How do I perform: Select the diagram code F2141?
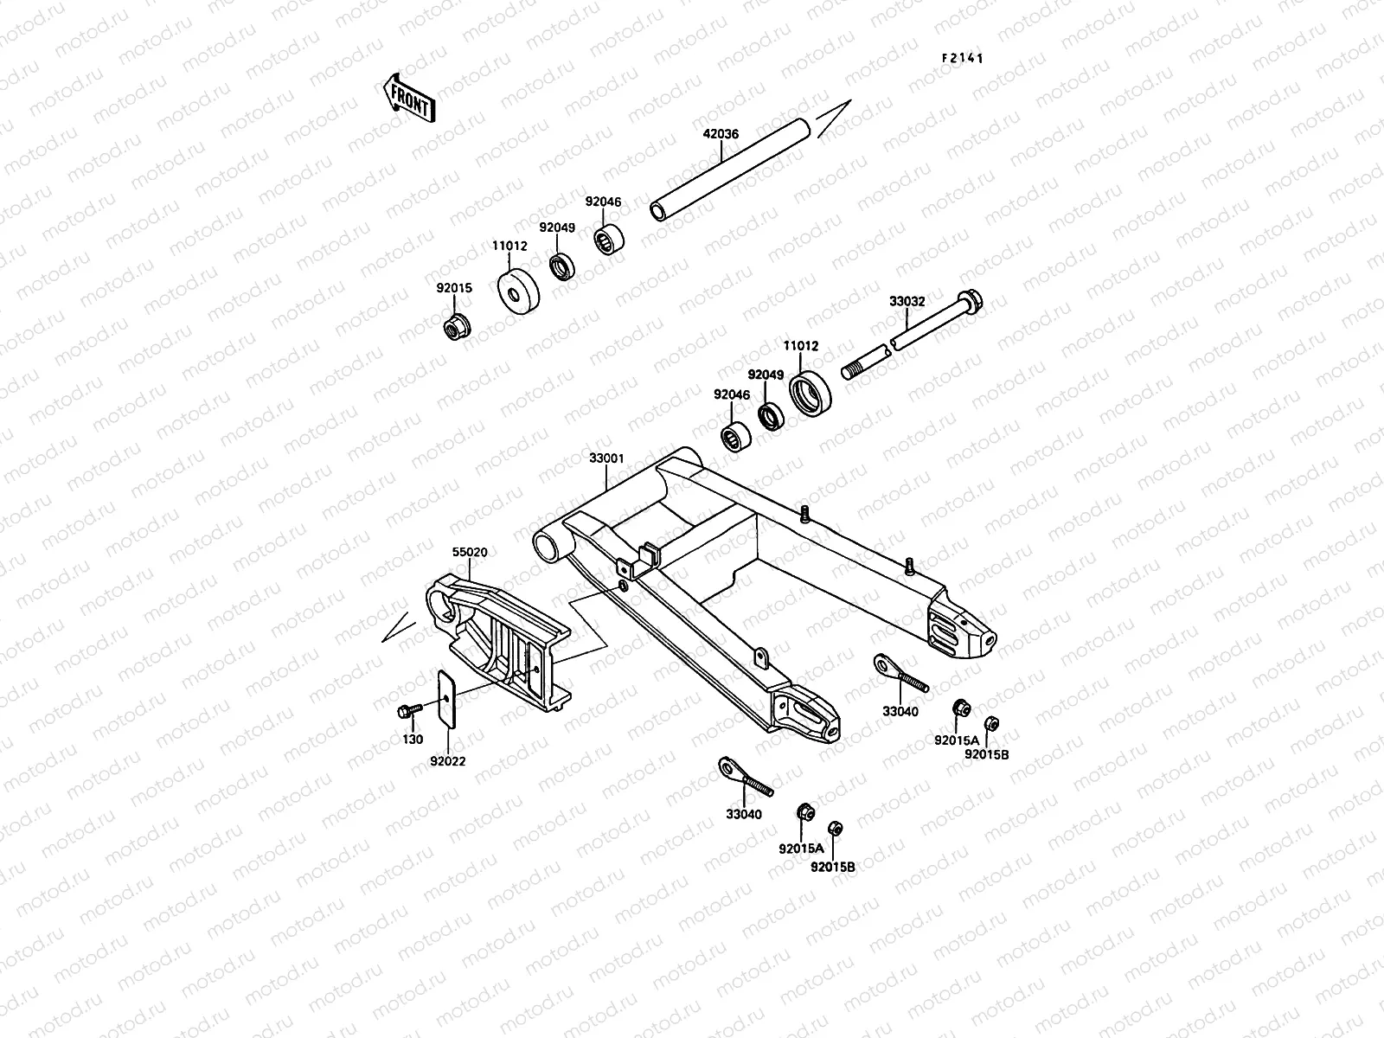(x=963, y=59)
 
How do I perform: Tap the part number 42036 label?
(x=721, y=134)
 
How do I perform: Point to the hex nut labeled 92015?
(x=453, y=329)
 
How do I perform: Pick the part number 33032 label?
(x=907, y=302)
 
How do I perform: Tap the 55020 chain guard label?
(x=470, y=550)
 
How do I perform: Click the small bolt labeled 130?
(x=407, y=711)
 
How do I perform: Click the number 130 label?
(x=413, y=740)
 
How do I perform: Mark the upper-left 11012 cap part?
(x=516, y=292)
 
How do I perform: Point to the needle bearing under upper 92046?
(x=609, y=240)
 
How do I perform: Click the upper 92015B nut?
(x=992, y=724)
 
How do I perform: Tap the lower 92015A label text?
(x=800, y=848)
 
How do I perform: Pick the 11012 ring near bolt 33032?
(x=811, y=394)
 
